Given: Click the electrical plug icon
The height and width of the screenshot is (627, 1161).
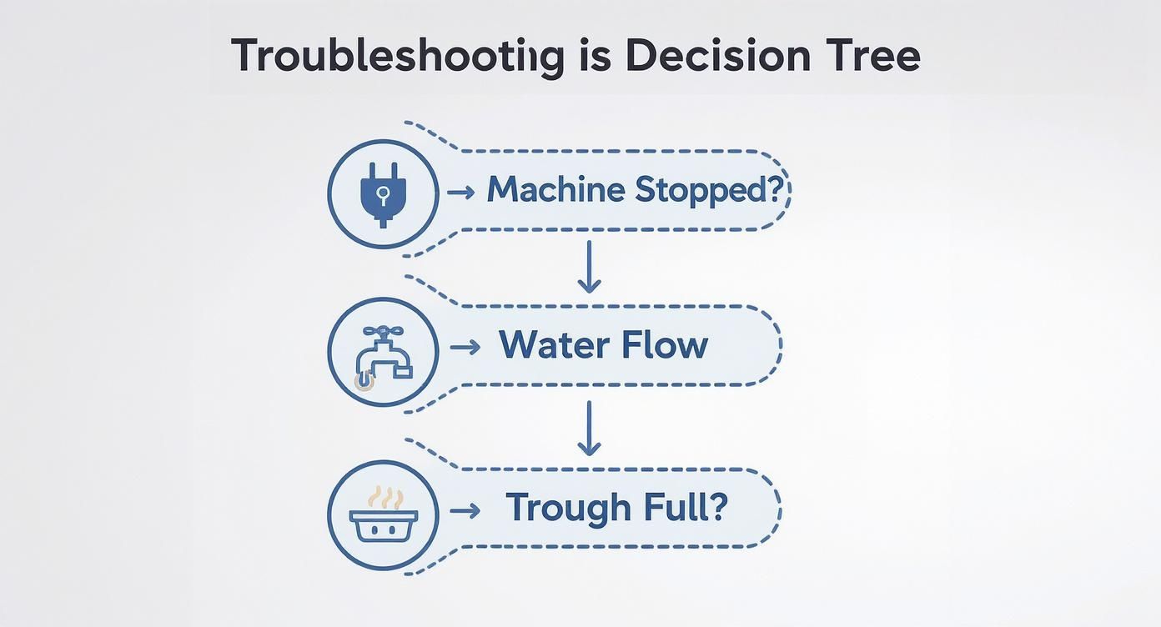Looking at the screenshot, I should [382, 193].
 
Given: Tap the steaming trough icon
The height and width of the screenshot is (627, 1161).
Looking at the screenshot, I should [382, 514].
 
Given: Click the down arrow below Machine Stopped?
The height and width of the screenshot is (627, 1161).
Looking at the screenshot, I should [589, 267].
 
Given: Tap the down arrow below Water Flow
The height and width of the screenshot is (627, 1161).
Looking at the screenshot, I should [589, 428].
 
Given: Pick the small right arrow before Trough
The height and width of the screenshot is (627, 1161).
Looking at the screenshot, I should [465, 510].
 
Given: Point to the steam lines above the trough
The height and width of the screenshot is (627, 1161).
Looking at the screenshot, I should [384, 498].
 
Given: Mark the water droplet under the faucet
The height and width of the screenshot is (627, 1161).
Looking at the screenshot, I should [364, 382].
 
